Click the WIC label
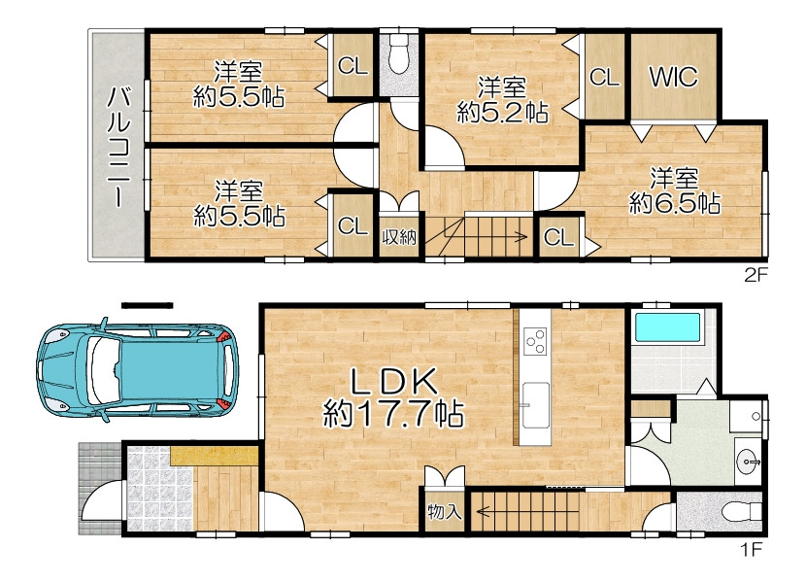673,77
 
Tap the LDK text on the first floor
394,381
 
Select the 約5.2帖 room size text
502,112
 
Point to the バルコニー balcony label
118,147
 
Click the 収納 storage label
399,237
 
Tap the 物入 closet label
444,511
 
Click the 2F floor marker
756,275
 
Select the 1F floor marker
751,549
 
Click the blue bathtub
668,327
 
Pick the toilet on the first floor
741,512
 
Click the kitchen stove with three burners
535,341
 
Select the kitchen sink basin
535,405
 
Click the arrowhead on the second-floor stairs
522,237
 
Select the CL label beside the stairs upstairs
558,238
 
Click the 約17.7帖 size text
393,413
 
